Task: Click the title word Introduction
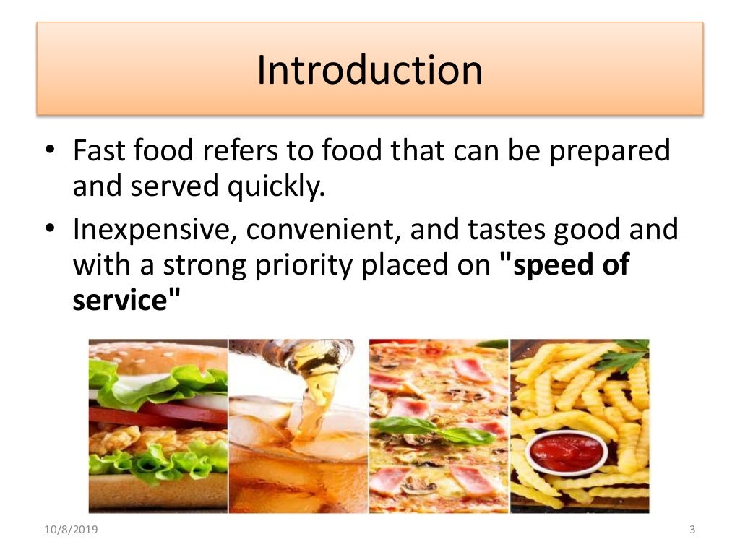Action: coord(369,70)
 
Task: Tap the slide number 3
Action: coord(692,531)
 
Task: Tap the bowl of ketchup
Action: coord(566,452)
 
